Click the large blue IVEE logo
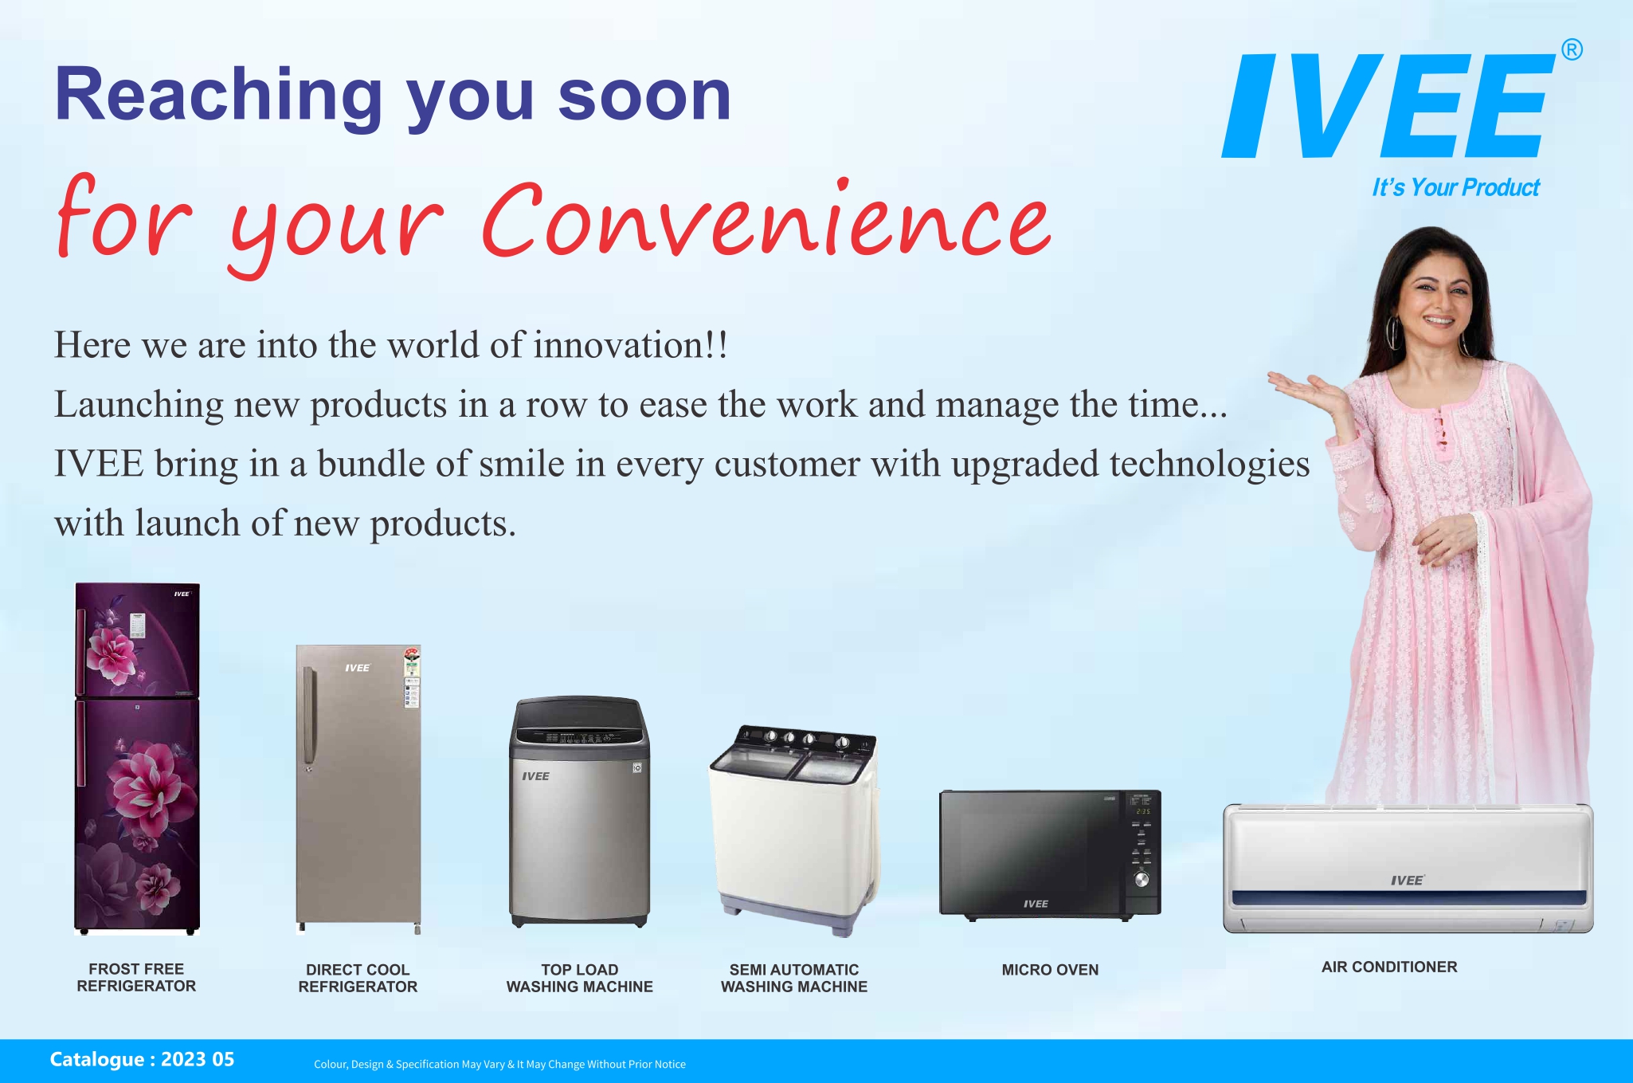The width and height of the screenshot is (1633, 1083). pos(1388,105)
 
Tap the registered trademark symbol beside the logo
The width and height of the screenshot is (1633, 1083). pos(1572,50)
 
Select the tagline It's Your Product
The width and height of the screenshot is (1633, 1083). pos(1455,187)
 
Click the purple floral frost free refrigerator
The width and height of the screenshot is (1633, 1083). pos(137,758)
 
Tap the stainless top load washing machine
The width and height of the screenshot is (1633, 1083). pos(580,812)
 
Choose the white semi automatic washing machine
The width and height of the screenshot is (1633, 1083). pos(795,830)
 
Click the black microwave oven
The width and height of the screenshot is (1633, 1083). pos(1050,854)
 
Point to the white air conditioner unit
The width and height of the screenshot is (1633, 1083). pos(1408,869)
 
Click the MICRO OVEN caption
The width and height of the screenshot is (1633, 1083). pos(1050,970)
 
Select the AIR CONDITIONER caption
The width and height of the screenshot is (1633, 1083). pos(1389,967)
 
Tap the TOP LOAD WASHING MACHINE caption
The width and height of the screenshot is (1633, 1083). pos(580,978)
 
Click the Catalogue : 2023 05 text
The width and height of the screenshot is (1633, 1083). pos(142,1059)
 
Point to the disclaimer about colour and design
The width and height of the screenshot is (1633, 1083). pos(499,1064)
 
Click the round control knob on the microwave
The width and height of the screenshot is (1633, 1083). pos(1142,880)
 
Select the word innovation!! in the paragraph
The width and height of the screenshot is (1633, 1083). pos(630,345)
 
